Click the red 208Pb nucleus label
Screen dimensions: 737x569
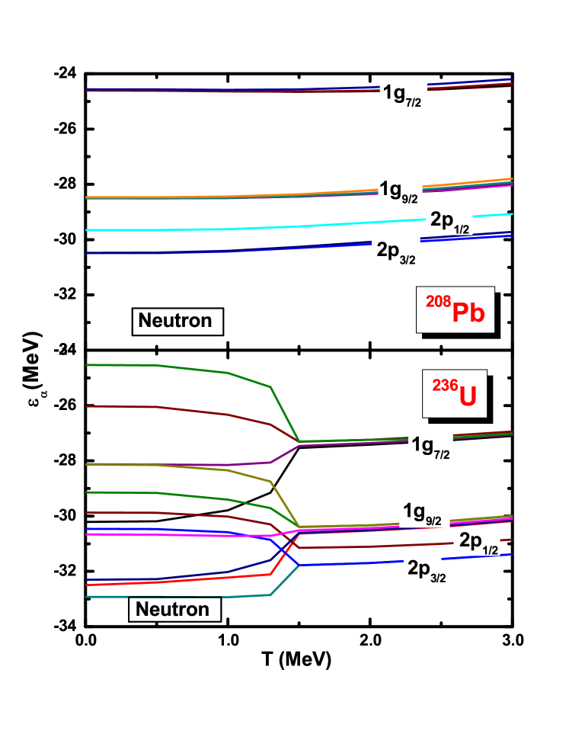click(455, 309)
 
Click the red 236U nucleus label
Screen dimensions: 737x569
click(454, 395)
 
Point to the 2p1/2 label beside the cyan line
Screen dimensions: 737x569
click(449, 220)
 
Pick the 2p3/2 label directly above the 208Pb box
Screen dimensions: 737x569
click(397, 252)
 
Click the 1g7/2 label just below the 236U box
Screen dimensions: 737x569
click(431, 447)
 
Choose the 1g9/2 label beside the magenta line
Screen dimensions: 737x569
click(424, 513)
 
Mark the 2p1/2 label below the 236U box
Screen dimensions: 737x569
click(478, 543)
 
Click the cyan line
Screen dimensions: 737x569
click(229, 228)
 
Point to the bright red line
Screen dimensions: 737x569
click(190, 579)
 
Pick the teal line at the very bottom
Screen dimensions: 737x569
click(152, 597)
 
